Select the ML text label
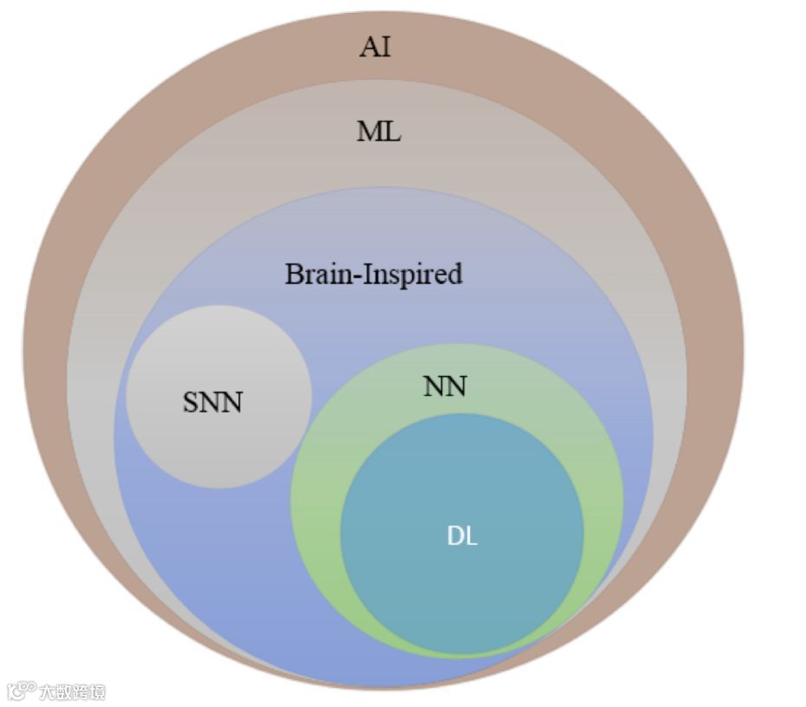(x=379, y=133)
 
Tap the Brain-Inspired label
(x=374, y=274)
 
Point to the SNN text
(x=212, y=403)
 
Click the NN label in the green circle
(x=445, y=386)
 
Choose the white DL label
(x=462, y=536)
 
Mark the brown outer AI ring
(x=52, y=347)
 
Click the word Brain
(x=315, y=274)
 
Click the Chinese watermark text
(x=72, y=692)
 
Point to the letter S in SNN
(x=191, y=403)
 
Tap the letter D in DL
(x=455, y=536)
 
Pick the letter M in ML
(x=368, y=133)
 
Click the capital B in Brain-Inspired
(x=293, y=274)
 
